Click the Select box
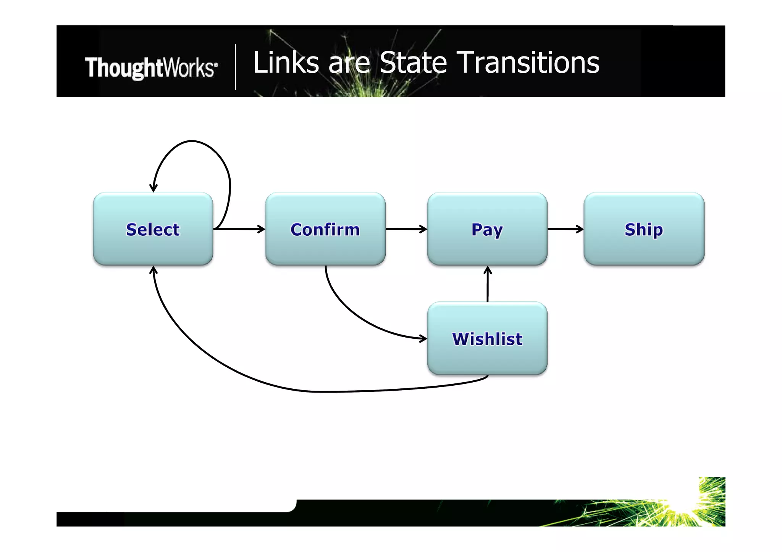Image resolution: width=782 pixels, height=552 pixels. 153,229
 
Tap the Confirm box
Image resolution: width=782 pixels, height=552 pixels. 325,229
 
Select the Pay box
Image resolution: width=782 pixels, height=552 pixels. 487,229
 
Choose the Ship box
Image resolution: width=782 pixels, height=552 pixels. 644,229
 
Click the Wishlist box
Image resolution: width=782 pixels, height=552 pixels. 487,338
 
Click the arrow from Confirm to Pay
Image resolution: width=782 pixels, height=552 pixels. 406,229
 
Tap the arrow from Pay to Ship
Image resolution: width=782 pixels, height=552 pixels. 565,229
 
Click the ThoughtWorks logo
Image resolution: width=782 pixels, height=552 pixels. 151,68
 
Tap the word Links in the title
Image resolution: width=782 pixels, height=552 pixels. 286,63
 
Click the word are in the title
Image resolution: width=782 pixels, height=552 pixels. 349,63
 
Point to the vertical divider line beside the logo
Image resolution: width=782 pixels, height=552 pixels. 236,67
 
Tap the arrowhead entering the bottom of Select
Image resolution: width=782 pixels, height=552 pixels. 153,270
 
